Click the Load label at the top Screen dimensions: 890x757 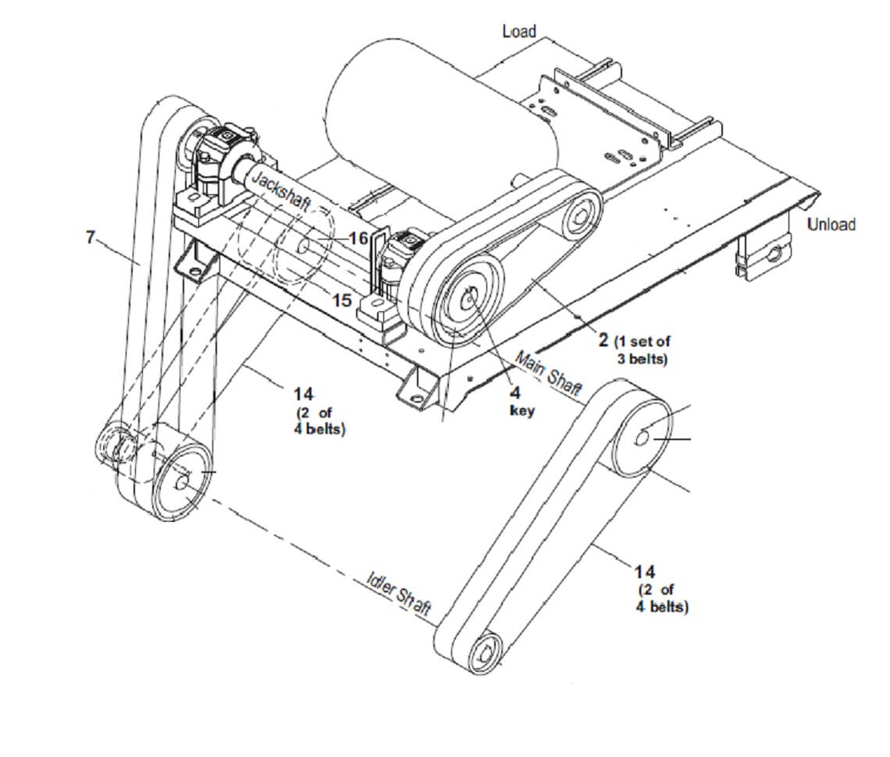pyautogui.click(x=519, y=30)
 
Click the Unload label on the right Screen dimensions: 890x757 pyautogui.click(x=831, y=224)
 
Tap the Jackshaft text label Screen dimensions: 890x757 pyautogui.click(x=281, y=190)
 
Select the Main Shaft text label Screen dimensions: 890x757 pyautogui.click(x=548, y=373)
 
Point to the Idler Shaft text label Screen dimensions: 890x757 pyautogui.click(x=399, y=594)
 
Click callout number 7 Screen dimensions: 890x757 pyautogui.click(x=91, y=236)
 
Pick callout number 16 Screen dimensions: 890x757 pyautogui.click(x=358, y=238)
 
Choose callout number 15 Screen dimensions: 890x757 pyautogui.click(x=342, y=300)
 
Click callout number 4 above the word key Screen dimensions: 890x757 pyautogui.click(x=514, y=392)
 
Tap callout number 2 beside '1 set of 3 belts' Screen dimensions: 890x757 pyautogui.click(x=603, y=340)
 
